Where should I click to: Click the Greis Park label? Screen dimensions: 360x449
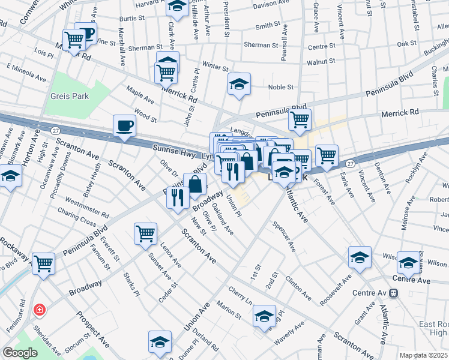pos(70,96)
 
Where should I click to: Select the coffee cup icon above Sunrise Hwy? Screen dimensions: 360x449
pos(124,126)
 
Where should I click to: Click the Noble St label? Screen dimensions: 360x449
pos(280,88)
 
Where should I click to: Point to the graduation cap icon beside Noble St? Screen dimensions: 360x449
pos(239,85)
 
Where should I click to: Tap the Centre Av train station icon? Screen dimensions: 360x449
pos(394,293)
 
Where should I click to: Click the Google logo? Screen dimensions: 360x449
pos(20,353)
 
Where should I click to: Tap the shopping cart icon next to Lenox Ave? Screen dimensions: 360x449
pos(146,233)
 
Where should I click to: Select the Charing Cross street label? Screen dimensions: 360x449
pos(76,217)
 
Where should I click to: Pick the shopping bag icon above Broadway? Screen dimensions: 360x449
pos(195,184)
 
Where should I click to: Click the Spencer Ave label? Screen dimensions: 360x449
pos(284,238)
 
